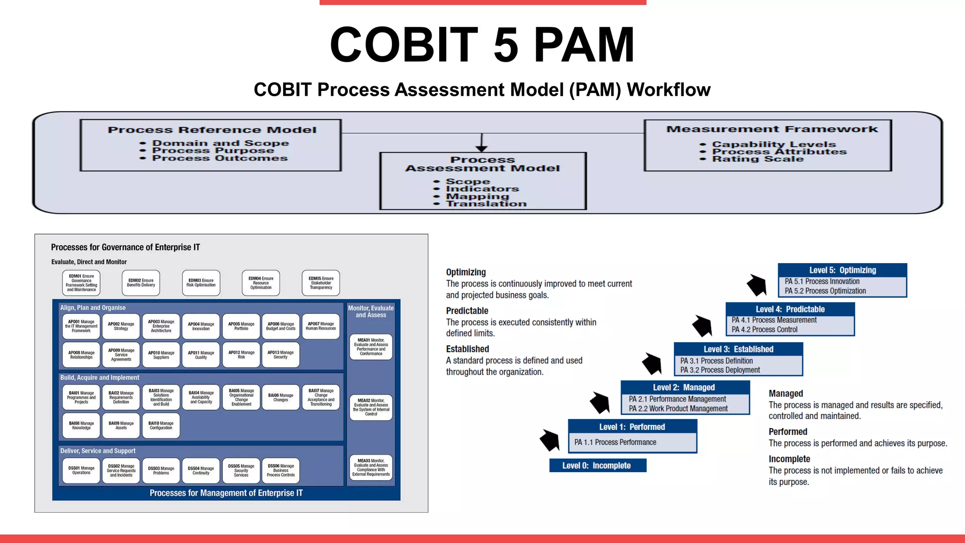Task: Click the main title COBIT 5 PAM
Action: (482, 45)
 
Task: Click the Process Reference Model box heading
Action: (212, 130)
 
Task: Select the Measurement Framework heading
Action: (772, 129)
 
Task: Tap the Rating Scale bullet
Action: (757, 159)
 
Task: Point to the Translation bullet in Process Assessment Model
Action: (486, 204)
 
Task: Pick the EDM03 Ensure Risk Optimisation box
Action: (201, 283)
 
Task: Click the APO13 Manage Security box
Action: (280, 354)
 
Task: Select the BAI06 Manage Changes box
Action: (280, 397)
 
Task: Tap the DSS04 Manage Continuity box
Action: (201, 470)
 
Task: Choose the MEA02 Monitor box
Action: (371, 407)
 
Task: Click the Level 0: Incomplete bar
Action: (597, 466)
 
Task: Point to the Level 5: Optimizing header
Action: (842, 270)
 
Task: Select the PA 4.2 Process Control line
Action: (764, 329)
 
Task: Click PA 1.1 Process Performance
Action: (615, 442)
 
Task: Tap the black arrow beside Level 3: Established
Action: (652, 364)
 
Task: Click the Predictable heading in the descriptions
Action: (467, 311)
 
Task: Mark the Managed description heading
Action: (785, 394)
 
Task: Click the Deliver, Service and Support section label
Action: (98, 451)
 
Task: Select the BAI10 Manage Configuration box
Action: (161, 426)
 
